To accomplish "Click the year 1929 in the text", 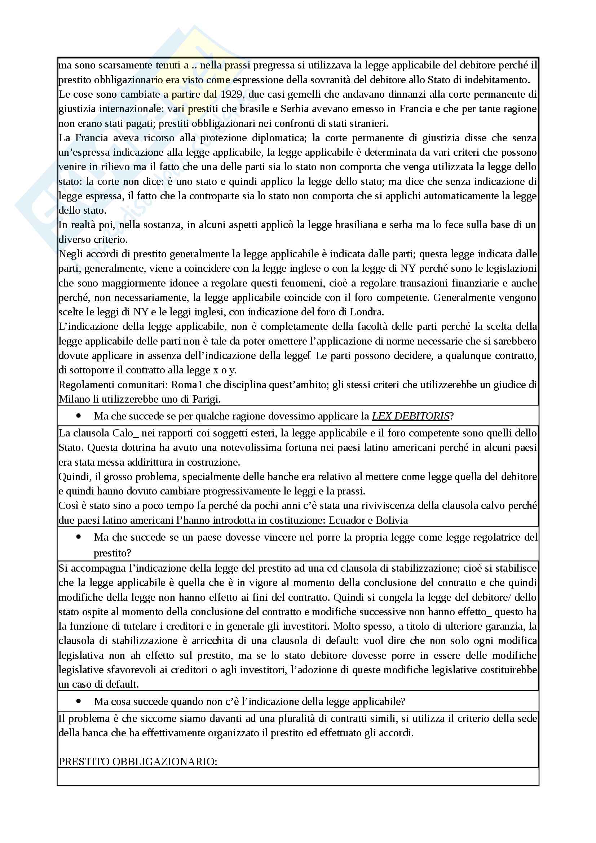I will pos(233,94).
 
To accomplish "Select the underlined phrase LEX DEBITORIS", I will pos(411,416).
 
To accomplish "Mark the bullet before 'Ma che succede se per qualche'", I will pos(79,416).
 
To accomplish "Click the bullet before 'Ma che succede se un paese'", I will pos(79,537).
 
